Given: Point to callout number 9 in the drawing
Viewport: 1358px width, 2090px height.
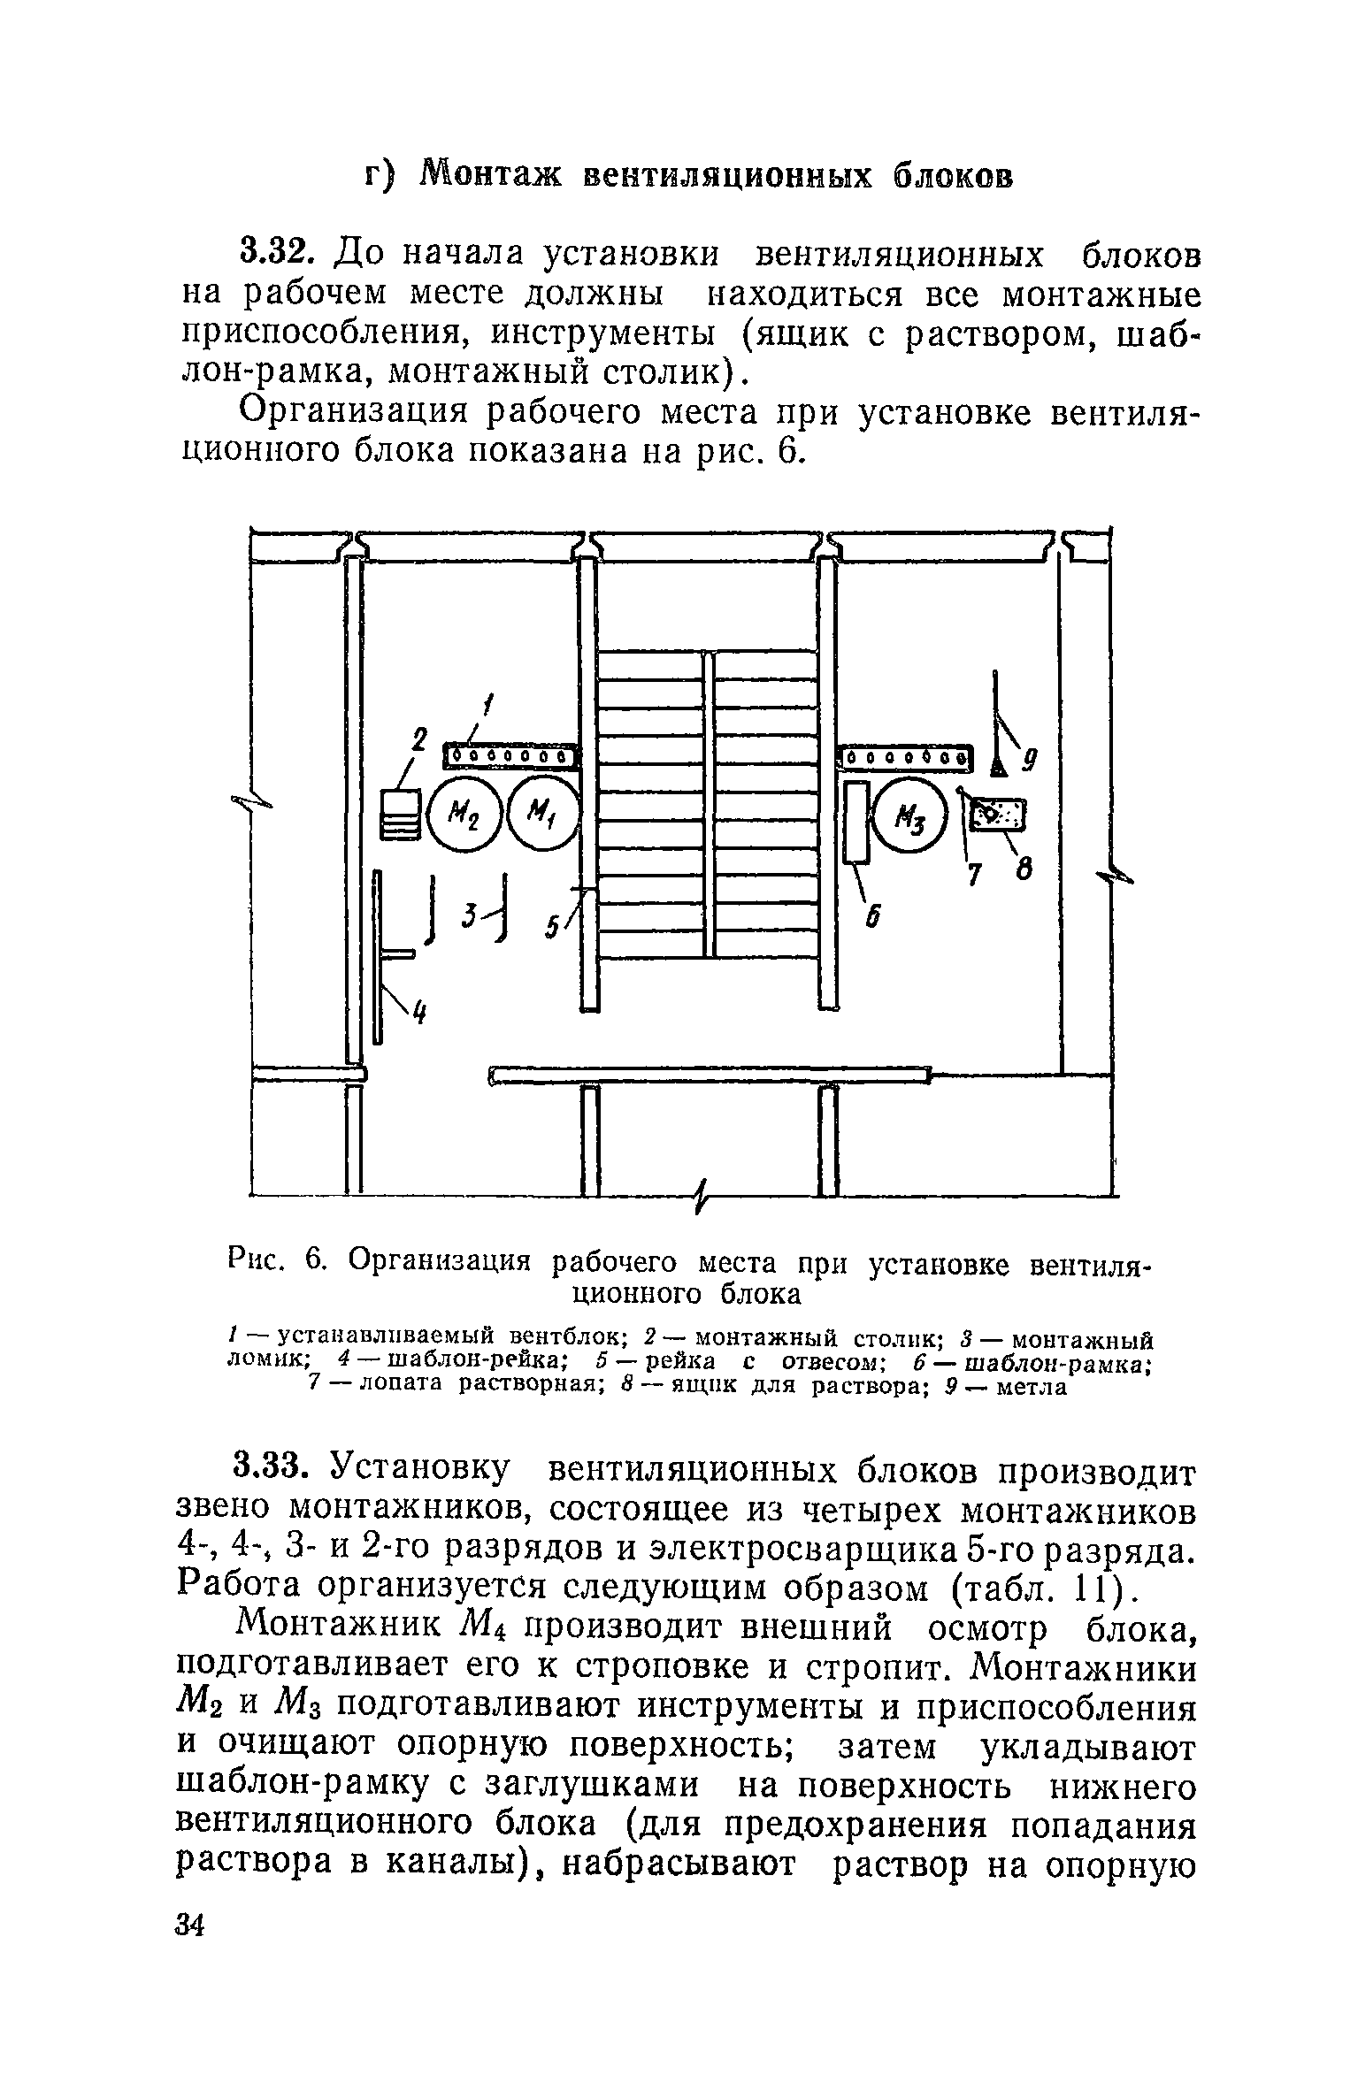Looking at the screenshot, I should (x=1031, y=759).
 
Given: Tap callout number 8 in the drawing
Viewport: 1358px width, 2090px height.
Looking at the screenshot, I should (x=1024, y=872).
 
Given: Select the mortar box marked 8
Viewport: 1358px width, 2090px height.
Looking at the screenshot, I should (x=998, y=814).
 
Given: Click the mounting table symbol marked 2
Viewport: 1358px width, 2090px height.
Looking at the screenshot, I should (x=401, y=814).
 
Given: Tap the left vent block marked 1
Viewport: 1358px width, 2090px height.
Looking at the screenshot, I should (x=510, y=757).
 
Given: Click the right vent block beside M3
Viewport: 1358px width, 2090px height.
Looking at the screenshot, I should (x=903, y=757).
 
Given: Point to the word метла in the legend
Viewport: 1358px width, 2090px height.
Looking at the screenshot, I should (x=1032, y=1387).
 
